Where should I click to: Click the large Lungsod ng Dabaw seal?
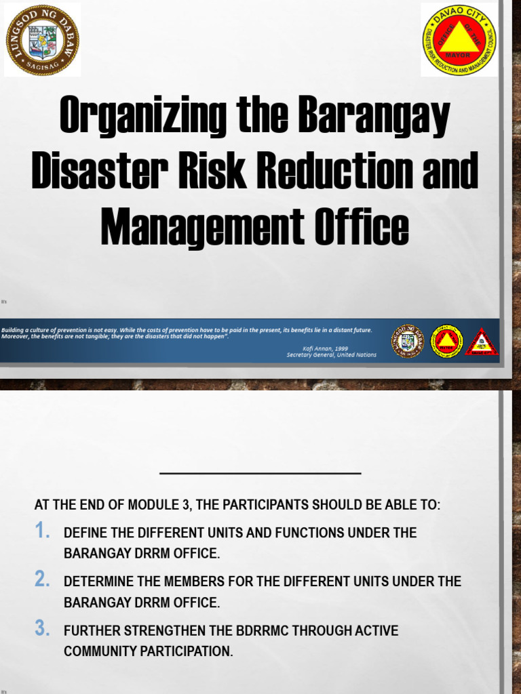[x=42, y=39]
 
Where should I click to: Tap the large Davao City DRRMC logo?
[x=459, y=39]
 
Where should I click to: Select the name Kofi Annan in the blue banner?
[x=315, y=348]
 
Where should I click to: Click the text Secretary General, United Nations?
[x=331, y=354]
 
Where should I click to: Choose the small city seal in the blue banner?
[x=408, y=342]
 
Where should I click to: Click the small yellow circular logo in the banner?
[x=446, y=342]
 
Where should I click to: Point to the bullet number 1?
[x=43, y=531]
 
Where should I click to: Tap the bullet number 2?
[x=43, y=579]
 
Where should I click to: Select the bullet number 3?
[x=43, y=629]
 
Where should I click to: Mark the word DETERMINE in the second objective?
[x=100, y=582]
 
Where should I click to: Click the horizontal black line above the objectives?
[x=260, y=473]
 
